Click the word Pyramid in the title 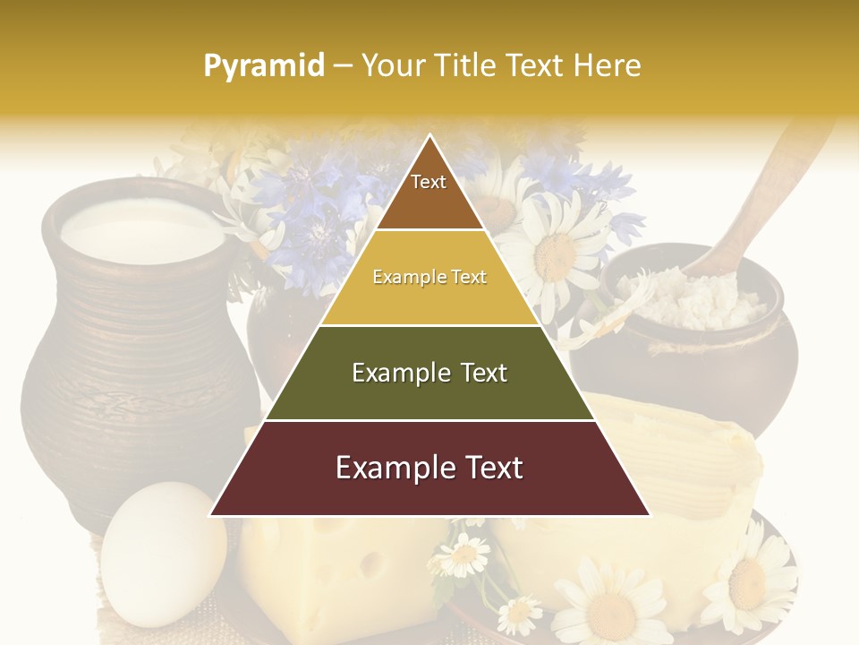[x=263, y=65]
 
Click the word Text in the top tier [x=429, y=182]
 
